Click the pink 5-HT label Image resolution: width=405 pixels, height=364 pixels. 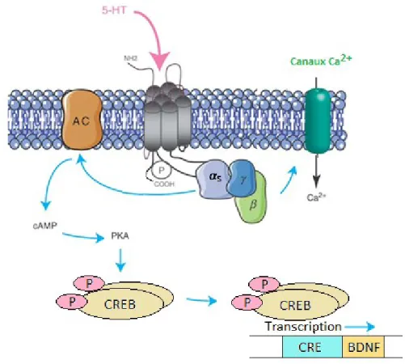pyautogui.click(x=114, y=11)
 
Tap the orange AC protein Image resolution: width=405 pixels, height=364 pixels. pyautogui.click(x=82, y=120)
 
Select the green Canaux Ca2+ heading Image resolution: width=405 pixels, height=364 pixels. pyautogui.click(x=321, y=60)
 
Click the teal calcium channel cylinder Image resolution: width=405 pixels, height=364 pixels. pyautogui.click(x=318, y=121)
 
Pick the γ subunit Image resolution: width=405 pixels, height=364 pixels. pyautogui.click(x=242, y=178)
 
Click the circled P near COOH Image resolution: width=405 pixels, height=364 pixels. pyautogui.click(x=162, y=171)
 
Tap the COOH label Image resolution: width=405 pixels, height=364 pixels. pyautogui.click(x=164, y=184)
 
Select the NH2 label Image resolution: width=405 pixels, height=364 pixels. pyautogui.click(x=131, y=58)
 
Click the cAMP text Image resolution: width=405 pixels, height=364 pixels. pyautogui.click(x=45, y=226)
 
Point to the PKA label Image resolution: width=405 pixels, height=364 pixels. pyautogui.click(x=120, y=236)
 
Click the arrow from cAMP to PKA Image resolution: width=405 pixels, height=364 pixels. pyautogui.click(x=83, y=237)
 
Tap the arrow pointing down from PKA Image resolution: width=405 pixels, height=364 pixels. pyautogui.click(x=120, y=260)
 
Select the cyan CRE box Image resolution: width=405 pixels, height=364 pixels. pyautogui.click(x=312, y=347)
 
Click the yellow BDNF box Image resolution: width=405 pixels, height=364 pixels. pyautogui.click(x=363, y=347)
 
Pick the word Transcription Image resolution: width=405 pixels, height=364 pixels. pyautogui.click(x=304, y=327)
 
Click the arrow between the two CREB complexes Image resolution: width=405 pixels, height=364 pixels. pyautogui.click(x=201, y=300)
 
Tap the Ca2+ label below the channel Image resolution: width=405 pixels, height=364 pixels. pyautogui.click(x=316, y=197)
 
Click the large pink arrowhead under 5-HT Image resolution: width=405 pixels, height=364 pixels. pyautogui.click(x=160, y=61)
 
